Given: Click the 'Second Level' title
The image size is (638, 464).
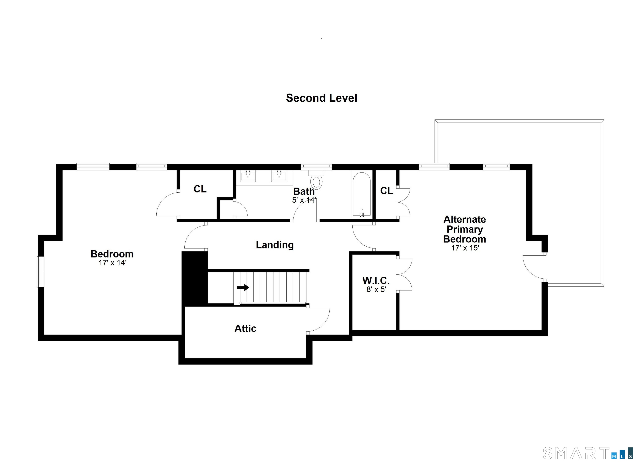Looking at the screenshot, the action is tap(321, 98).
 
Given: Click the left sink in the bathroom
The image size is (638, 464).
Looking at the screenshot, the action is tap(248, 176).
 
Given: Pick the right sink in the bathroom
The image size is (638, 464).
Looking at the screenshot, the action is tap(279, 176).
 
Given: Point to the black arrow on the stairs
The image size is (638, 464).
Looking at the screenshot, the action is tap(243, 287).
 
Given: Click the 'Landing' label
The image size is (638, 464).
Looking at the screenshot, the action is tap(275, 245).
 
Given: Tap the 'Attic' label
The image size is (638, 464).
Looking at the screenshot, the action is tap(245, 328).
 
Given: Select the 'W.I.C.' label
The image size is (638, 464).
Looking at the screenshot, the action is tap(376, 281).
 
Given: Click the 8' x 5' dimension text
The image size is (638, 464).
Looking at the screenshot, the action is tap(376, 289).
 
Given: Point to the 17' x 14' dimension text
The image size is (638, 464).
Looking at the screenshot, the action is tap(112, 263).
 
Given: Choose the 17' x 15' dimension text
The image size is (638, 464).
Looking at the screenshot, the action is tap(465, 248).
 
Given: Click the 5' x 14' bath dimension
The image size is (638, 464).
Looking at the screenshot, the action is tap(304, 200).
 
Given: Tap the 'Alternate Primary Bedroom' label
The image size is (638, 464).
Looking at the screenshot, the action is tap(465, 229).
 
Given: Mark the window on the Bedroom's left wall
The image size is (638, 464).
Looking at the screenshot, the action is tap(41, 272).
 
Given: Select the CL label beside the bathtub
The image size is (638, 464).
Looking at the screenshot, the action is tap(386, 191).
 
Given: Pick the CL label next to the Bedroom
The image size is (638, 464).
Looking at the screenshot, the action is tap(200, 189).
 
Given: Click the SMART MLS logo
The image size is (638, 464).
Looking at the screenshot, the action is tap(587, 453).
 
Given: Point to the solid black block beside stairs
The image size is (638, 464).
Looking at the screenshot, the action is tap(195, 279).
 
